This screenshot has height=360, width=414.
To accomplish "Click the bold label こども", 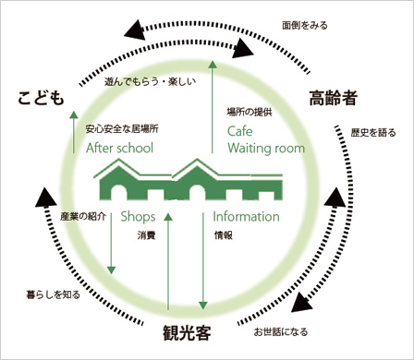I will (x=43, y=97).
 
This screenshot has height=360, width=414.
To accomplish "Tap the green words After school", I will (x=119, y=148).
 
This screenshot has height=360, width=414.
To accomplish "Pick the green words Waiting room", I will (x=260, y=149).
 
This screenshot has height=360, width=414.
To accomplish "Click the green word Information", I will (x=246, y=217).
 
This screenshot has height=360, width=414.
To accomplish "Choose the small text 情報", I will (x=223, y=235).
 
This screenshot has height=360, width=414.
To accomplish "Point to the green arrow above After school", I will (x=75, y=130).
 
